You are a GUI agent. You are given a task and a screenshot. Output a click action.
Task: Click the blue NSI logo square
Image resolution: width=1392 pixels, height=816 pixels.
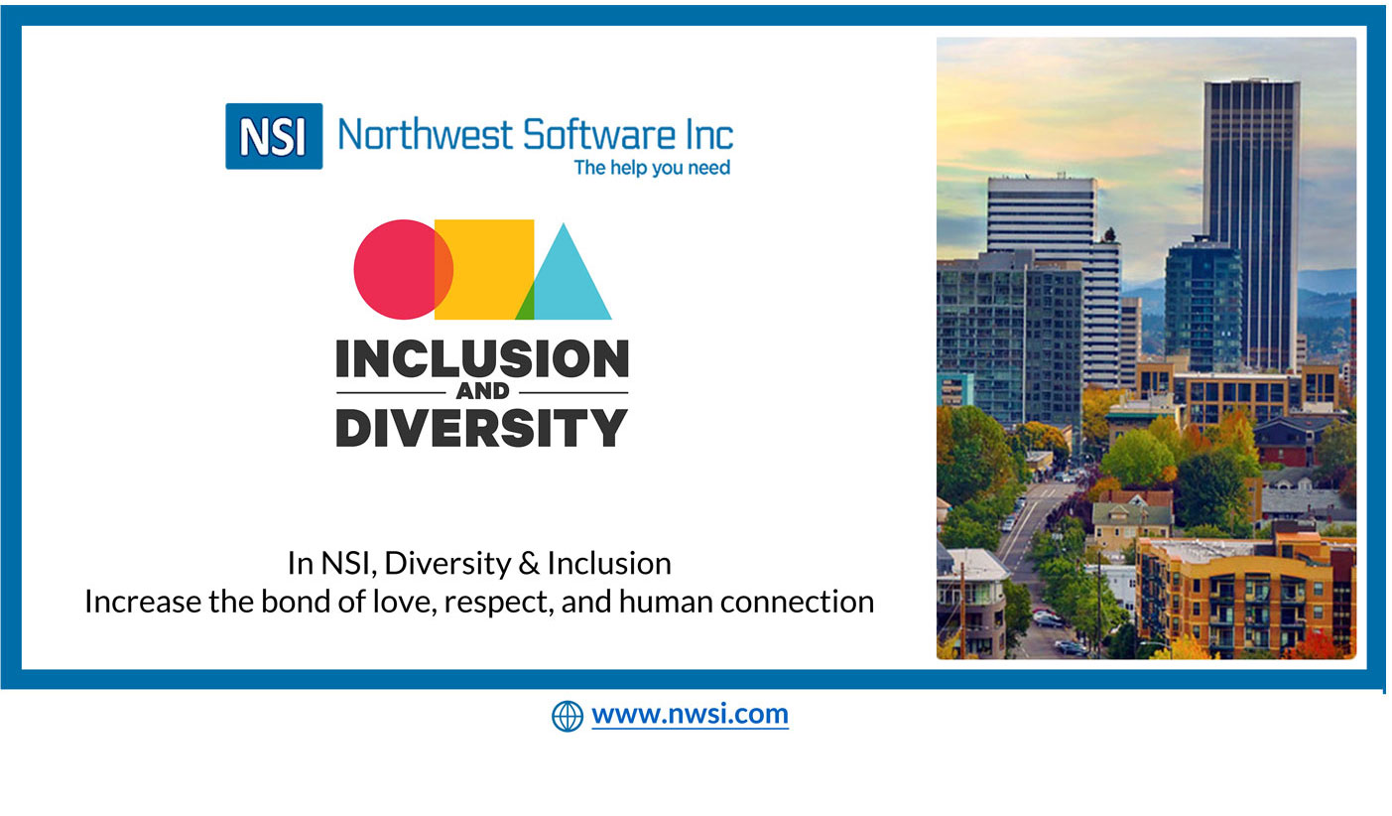click(x=274, y=136)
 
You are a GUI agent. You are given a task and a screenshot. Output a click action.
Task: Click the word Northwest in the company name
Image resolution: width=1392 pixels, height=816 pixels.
click(x=426, y=135)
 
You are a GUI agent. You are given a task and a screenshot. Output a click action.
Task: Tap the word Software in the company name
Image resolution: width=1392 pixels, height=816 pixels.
click(x=599, y=135)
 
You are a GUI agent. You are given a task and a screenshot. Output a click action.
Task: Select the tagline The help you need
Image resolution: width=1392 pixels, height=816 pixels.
click(x=652, y=168)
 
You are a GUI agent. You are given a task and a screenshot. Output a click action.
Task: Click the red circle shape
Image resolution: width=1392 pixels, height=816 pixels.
click(x=398, y=269)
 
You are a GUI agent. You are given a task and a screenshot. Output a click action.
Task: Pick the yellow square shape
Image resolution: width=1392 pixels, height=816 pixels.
click(x=484, y=269)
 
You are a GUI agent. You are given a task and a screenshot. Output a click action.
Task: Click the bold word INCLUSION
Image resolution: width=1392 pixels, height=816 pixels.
click(x=482, y=359)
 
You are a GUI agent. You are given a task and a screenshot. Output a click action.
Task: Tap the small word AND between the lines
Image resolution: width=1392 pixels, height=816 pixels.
click(x=482, y=391)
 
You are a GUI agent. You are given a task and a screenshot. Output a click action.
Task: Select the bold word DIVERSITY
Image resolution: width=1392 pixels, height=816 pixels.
click(x=482, y=428)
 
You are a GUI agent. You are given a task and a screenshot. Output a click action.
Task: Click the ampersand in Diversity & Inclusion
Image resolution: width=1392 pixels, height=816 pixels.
click(x=529, y=564)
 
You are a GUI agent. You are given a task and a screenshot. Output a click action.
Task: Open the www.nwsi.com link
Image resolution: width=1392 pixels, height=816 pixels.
click(x=690, y=715)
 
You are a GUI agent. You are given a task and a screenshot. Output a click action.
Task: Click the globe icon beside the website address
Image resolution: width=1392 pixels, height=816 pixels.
click(x=568, y=716)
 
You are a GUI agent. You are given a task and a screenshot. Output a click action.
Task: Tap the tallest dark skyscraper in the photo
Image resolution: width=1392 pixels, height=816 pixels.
click(x=1250, y=224)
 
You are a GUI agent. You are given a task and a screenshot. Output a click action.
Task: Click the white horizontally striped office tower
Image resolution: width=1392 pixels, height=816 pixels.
click(x=1054, y=274)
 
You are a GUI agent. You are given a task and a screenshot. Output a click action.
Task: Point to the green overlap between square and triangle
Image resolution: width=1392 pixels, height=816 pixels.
click(x=526, y=305)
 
